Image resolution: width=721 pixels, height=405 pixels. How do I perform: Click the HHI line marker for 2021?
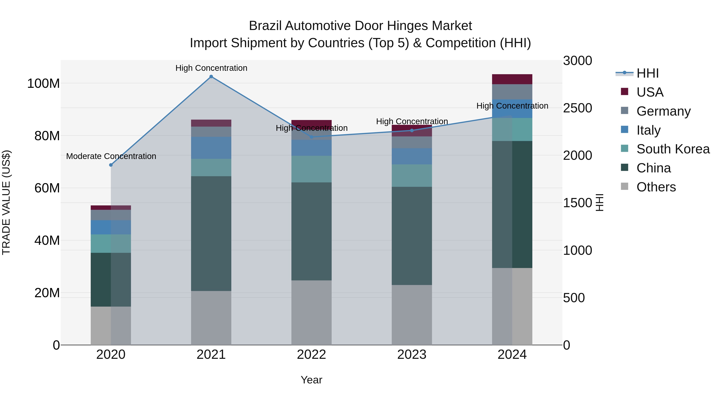point(211,77)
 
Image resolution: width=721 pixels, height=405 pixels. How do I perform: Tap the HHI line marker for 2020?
point(111,165)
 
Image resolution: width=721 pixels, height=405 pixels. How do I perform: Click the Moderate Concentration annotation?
point(111,156)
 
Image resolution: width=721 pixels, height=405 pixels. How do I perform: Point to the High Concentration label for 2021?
point(211,68)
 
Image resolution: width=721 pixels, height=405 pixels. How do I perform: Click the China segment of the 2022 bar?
point(311,231)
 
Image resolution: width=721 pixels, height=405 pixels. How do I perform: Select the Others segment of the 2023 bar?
point(412,315)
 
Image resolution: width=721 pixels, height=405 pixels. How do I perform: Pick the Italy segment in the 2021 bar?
point(211,148)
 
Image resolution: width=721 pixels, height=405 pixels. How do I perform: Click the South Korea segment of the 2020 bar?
point(111,243)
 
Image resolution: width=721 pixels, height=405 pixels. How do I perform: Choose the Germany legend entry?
point(663,111)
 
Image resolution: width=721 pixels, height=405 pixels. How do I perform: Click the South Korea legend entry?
point(673,149)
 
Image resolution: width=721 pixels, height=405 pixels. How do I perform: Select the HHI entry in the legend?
point(647,73)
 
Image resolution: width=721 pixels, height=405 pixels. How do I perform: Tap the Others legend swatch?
point(624,186)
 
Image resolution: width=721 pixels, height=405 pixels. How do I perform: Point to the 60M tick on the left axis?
point(47,188)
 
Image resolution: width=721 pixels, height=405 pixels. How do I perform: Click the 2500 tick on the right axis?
point(577,108)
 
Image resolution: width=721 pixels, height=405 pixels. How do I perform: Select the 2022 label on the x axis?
point(311,355)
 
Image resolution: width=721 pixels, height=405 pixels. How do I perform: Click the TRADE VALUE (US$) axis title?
point(6,202)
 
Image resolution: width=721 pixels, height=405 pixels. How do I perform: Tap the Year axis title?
point(311,380)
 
